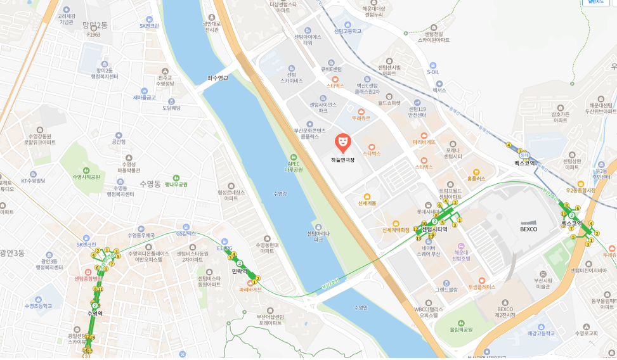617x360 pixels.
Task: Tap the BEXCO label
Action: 528,229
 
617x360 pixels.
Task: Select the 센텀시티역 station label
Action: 434,229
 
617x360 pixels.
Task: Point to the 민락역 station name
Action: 239,271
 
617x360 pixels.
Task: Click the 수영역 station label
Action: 94,313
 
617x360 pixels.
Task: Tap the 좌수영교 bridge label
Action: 218,78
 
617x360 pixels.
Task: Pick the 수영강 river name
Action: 280,193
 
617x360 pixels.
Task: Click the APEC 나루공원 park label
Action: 294,166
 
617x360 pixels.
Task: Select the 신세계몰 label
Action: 367,203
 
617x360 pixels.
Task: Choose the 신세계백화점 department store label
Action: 396,229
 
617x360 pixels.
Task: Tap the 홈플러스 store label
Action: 476,179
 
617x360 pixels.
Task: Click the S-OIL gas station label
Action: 432,72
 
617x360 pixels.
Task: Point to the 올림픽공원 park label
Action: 461,330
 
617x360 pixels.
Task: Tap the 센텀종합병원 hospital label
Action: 88,278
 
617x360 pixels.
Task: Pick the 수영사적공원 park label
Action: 86,177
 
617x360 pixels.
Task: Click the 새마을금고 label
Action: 145,98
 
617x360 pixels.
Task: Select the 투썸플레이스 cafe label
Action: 482,286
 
